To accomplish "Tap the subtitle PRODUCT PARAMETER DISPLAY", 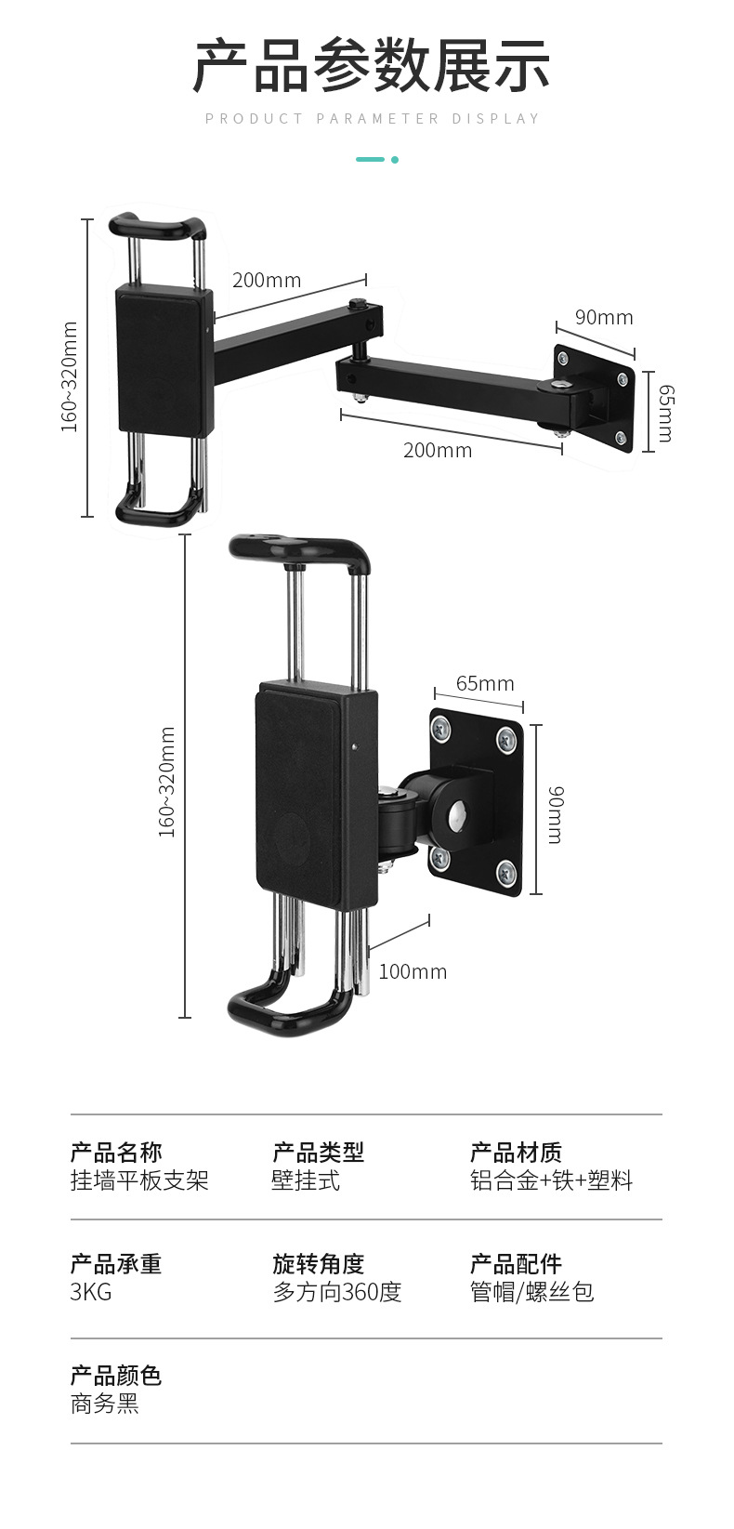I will (x=372, y=119).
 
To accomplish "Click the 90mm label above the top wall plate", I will (x=603, y=318).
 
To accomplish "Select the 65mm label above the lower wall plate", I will (x=485, y=684).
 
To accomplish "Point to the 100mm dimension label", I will (x=413, y=972).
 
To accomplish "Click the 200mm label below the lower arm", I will (x=438, y=451).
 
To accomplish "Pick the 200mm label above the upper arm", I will (x=267, y=280).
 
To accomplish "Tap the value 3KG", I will (x=91, y=1292).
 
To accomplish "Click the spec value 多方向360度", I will (x=337, y=1292).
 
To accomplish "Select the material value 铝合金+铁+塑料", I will (x=551, y=1180).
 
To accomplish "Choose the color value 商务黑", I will (x=105, y=1404).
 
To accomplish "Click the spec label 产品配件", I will (x=516, y=1264).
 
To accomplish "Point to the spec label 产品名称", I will (x=116, y=1153).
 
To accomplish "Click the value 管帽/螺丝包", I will (x=531, y=1292).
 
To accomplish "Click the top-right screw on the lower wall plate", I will (x=506, y=740).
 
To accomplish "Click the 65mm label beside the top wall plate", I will (x=664, y=413).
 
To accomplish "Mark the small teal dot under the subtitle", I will (x=395, y=160).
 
